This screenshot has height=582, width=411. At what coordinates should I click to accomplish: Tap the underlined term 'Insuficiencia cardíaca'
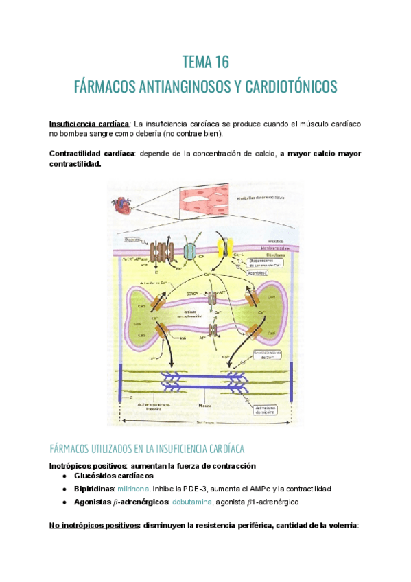[89, 124]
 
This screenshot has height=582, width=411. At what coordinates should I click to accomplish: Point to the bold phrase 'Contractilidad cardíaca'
[91, 154]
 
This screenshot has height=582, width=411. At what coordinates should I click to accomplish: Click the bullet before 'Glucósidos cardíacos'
[64, 476]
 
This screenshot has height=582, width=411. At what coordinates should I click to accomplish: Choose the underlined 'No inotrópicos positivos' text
[93, 526]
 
